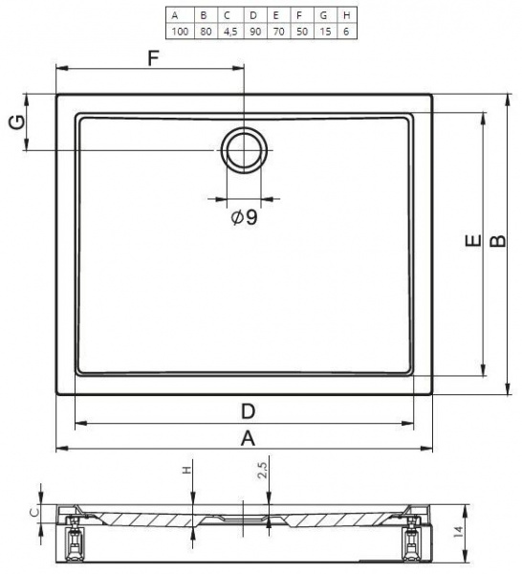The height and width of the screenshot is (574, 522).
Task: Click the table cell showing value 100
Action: click(180, 32)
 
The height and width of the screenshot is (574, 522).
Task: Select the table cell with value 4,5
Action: click(230, 32)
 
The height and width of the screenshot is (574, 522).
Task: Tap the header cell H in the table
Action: click(346, 15)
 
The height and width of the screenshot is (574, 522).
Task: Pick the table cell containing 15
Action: click(325, 32)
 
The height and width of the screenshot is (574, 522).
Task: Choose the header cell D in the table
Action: click(253, 15)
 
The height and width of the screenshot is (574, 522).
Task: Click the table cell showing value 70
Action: click(279, 32)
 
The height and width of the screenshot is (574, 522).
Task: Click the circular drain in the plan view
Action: click(244, 150)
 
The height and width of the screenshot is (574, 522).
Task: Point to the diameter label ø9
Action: click(244, 217)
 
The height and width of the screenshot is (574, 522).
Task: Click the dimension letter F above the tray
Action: click(154, 57)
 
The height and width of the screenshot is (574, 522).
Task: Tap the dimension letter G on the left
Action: click(17, 121)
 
